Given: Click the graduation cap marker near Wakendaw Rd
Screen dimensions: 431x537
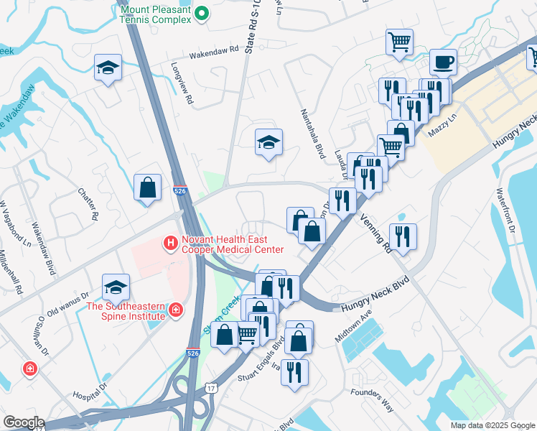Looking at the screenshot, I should pos(108,68).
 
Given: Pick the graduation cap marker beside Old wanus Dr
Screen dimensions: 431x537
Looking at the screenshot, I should pos(116,287).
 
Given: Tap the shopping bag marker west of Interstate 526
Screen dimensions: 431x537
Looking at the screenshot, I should pos(147,188).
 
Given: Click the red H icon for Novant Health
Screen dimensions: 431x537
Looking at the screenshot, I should pos(171,244).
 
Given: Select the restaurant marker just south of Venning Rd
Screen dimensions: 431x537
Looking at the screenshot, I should pos(403,236).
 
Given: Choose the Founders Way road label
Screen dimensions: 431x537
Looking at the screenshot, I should pos(372,399).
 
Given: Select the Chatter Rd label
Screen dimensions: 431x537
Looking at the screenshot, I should pos(85,203).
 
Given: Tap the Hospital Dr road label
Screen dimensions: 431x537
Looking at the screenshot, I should pos(90,391).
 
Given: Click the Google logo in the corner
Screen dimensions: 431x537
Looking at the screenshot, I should pos(23,422).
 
